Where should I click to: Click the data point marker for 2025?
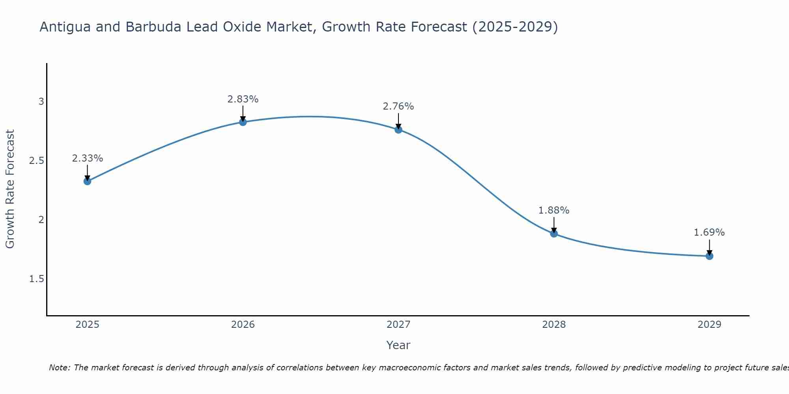click(x=87, y=181)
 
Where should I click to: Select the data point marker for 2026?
click(x=243, y=122)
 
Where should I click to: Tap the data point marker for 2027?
click(x=398, y=130)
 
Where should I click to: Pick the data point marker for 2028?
click(x=553, y=234)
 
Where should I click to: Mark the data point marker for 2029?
click(x=709, y=256)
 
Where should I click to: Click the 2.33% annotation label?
click(x=87, y=158)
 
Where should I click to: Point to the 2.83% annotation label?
click(x=243, y=99)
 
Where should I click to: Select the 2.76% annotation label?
click(x=398, y=106)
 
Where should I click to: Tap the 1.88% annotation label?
click(x=553, y=210)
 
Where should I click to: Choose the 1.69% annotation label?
click(x=709, y=232)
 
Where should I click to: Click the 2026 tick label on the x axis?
click(x=243, y=325)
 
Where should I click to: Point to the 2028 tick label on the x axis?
click(x=553, y=325)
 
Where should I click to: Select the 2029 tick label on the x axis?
click(x=709, y=325)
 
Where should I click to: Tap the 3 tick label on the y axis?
click(x=41, y=102)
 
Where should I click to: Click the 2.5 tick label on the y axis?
click(x=36, y=161)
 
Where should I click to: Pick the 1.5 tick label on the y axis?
click(x=36, y=279)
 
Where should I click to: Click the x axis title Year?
click(x=398, y=345)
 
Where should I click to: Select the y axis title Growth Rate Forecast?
click(x=10, y=189)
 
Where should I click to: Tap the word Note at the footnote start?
click(x=59, y=368)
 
